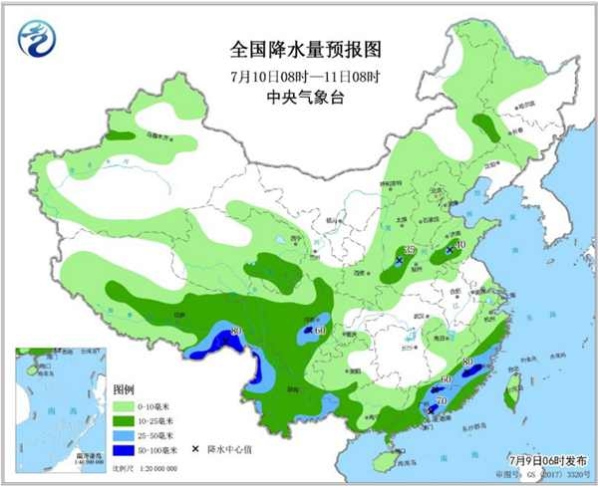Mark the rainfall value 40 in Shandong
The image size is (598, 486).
tap(459, 244)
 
